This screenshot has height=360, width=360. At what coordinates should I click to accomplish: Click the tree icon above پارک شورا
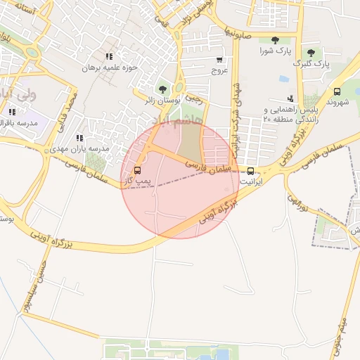[274, 40]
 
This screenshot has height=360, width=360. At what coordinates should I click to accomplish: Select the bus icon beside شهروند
[337, 91]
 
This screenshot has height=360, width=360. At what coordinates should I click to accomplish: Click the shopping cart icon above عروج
[219, 60]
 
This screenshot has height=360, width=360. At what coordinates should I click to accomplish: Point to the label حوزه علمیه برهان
[108, 68]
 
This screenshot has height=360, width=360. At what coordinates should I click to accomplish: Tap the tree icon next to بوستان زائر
[163, 89]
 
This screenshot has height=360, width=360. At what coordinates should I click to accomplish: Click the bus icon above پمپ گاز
[137, 170]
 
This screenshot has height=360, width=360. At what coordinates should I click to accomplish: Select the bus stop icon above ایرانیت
[251, 170]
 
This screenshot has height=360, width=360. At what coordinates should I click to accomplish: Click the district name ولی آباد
[15, 95]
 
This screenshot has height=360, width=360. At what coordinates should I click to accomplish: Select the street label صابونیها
[238, 33]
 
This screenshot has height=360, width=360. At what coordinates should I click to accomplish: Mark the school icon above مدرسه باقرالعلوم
[12, 111]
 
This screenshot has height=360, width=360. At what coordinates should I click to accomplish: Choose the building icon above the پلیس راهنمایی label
[290, 98]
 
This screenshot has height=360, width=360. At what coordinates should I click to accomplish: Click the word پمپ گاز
[138, 182]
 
